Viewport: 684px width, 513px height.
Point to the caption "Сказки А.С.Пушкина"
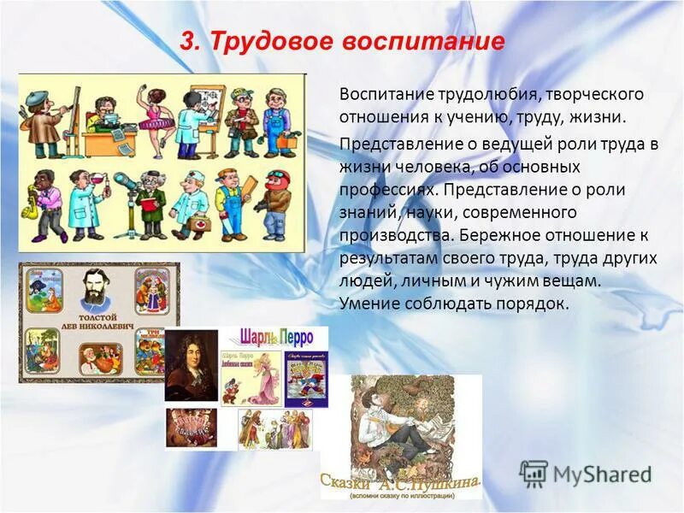click(x=400, y=485)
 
